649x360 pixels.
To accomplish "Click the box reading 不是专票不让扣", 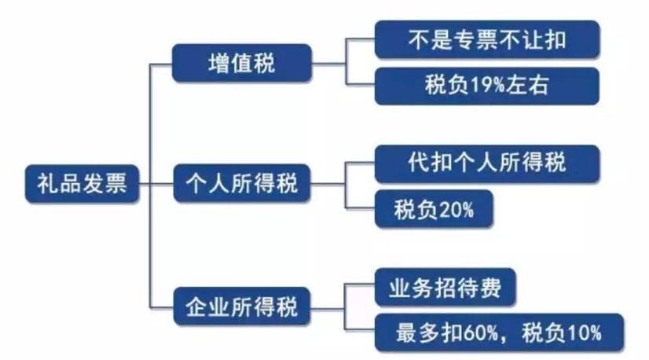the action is (x=487, y=39).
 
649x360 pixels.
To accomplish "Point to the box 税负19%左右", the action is (x=487, y=86).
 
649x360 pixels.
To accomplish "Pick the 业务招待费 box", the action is (x=445, y=287).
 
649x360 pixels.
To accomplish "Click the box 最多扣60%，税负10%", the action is (x=498, y=332).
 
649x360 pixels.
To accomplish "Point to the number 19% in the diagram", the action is (x=478, y=86).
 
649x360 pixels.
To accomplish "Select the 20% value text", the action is (x=452, y=210).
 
